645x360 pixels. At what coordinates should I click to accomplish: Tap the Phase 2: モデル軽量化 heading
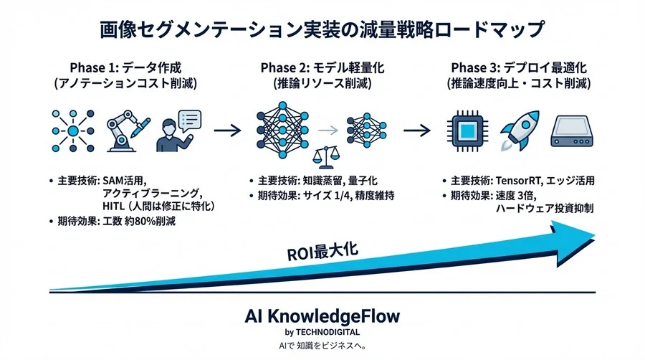click(322, 68)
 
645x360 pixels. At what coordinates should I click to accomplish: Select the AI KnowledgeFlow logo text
click(322, 316)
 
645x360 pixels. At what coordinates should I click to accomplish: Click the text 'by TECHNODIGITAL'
click(322, 332)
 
